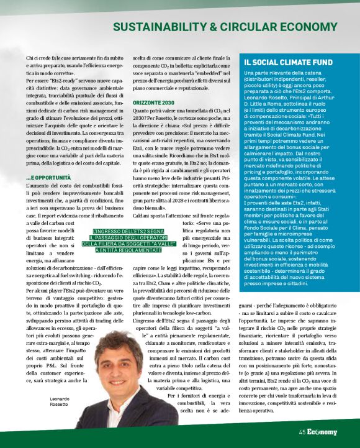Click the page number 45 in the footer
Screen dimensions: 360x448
302,432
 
